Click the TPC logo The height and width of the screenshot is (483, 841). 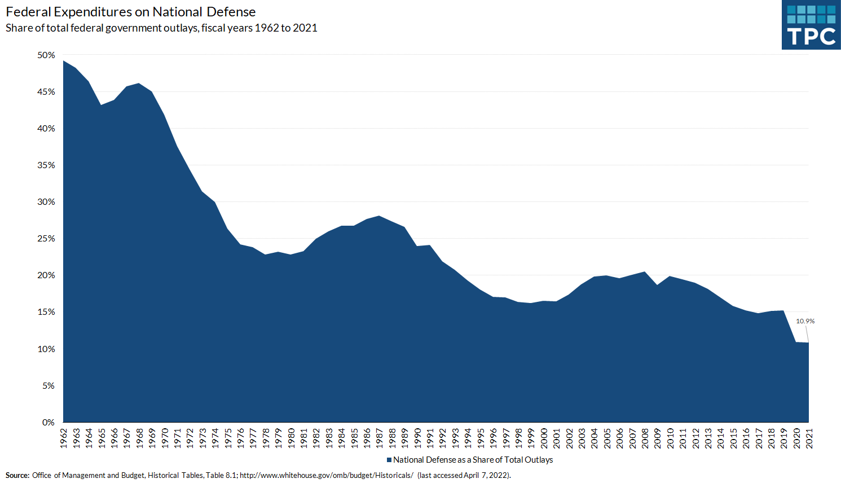[811, 25]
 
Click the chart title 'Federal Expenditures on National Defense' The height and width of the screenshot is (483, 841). [131, 12]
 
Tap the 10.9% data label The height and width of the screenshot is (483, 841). [805, 321]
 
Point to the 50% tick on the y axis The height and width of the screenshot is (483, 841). [46, 55]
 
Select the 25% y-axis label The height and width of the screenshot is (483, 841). [46, 239]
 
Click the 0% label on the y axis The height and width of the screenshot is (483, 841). [49, 422]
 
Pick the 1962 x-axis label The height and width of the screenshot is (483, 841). [63, 438]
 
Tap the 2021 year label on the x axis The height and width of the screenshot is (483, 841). [809, 438]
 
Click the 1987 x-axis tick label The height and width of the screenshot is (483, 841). [379, 438]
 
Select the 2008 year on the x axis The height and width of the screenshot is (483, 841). [645, 438]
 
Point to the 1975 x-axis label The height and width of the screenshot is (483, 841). [228, 438]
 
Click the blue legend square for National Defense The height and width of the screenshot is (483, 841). [389, 460]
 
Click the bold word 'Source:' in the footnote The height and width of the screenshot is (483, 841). [17, 475]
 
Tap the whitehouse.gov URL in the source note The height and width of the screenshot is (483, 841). [327, 475]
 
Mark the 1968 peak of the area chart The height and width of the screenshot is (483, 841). [139, 84]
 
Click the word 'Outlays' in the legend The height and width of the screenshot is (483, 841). [539, 460]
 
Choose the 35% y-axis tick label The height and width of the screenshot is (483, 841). [46, 165]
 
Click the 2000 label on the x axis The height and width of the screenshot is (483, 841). [544, 438]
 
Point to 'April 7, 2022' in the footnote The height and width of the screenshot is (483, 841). [486, 475]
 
